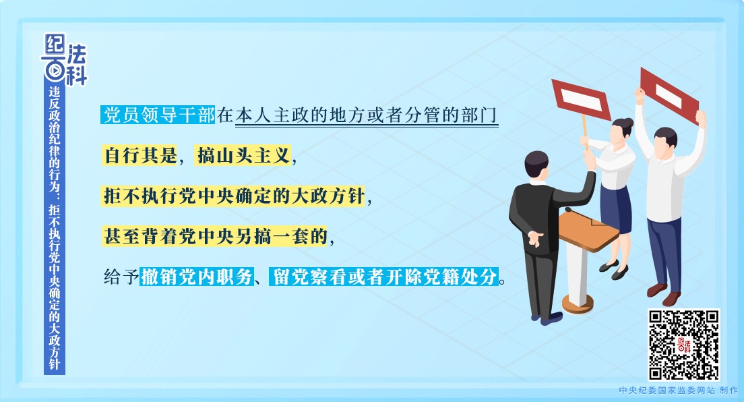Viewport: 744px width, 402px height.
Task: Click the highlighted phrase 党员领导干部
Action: [x=158, y=115]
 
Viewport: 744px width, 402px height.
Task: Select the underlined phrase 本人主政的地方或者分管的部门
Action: [x=367, y=115]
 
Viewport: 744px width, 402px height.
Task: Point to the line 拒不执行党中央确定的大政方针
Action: [x=233, y=196]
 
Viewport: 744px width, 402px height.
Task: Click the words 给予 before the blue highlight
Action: [x=121, y=277]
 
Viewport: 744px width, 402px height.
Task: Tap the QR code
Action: [x=683, y=345]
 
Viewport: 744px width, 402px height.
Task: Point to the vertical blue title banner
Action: [x=55, y=229]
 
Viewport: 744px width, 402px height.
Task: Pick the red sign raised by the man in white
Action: [x=669, y=92]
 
